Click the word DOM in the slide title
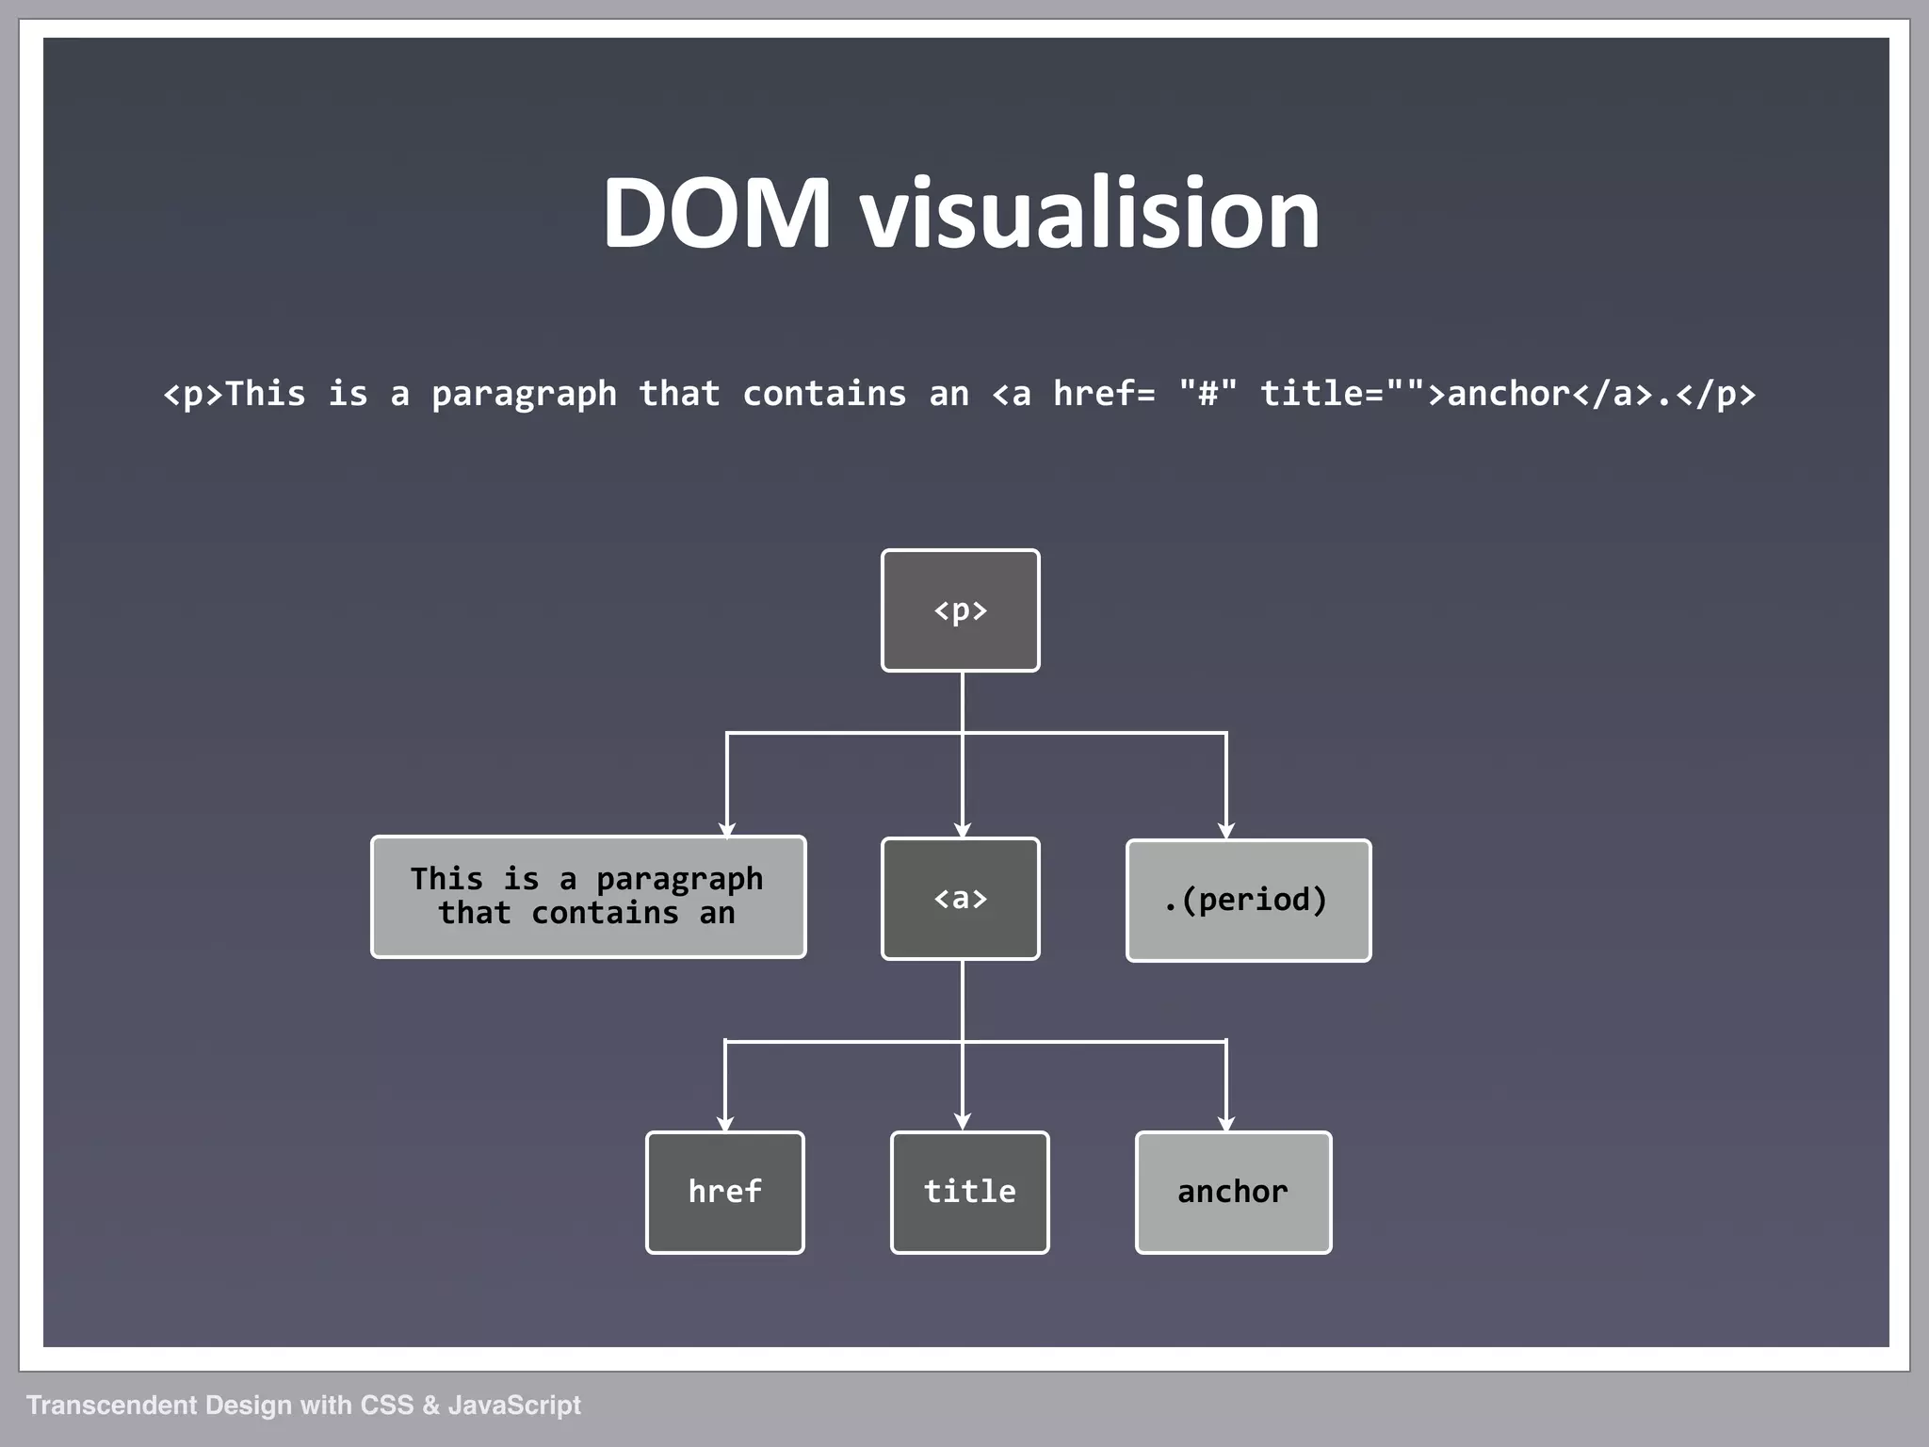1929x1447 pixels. coord(716,214)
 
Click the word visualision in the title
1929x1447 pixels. coord(1089,214)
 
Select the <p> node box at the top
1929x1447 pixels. coord(960,610)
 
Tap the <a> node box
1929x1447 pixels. coord(960,899)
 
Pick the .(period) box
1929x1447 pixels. coord(1248,901)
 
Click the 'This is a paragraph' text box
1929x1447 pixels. coord(588,897)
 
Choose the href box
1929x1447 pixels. coord(724,1193)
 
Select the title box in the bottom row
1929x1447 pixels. coord(969,1193)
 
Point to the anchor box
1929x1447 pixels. coord(1233,1193)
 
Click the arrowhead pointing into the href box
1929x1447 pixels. coord(724,1123)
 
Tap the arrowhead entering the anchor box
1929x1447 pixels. coord(1225,1123)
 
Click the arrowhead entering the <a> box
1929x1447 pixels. coord(962,830)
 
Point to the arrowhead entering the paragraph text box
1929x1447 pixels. coord(726,829)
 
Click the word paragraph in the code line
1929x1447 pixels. coord(524,395)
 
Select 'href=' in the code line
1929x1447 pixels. coord(1103,395)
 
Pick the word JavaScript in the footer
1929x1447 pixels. coord(514,1406)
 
